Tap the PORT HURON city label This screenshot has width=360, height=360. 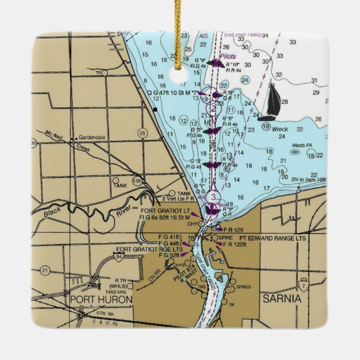point(101,300)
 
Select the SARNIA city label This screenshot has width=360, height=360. point(282,299)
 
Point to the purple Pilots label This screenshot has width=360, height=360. point(228,56)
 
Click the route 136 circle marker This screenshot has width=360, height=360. point(138,182)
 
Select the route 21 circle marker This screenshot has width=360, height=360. point(45,270)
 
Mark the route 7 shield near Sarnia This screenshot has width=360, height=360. point(302,285)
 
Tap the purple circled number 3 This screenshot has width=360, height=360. point(213,197)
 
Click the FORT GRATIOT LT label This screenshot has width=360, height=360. point(166,210)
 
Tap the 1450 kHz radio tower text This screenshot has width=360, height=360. point(116,291)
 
